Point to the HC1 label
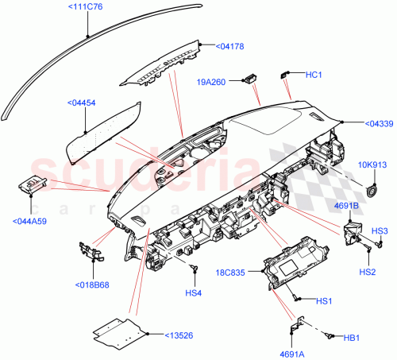(313, 75)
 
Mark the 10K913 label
(371, 165)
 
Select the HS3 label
(380, 230)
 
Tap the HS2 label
(367, 271)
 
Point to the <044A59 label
(31, 220)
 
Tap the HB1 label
(351, 337)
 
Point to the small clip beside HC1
(285, 75)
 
